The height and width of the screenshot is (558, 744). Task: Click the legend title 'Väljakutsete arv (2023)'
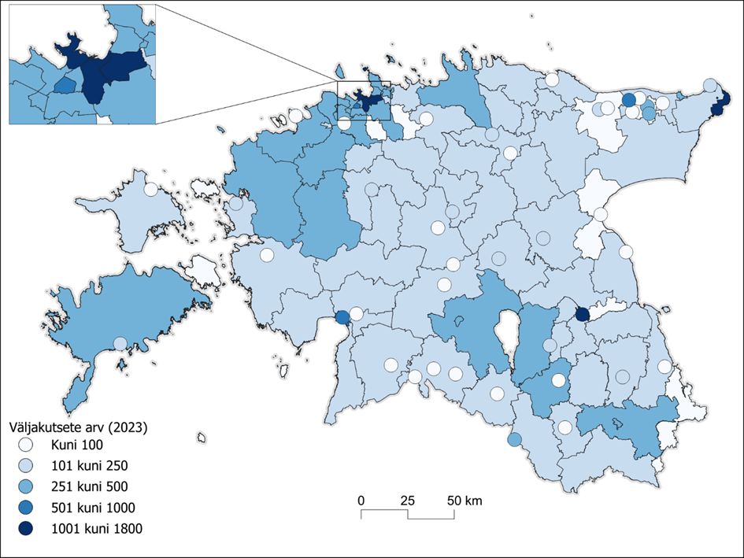(78, 428)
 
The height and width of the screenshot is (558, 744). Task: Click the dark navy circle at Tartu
(582, 315)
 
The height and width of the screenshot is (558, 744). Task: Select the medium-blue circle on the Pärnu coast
(342, 318)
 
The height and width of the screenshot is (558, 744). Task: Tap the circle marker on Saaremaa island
(120, 344)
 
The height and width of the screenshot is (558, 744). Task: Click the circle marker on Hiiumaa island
(150, 190)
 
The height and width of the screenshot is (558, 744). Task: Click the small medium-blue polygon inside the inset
(65, 83)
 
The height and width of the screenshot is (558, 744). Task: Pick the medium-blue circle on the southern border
(514, 439)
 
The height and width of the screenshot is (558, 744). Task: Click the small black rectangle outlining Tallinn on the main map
(363, 100)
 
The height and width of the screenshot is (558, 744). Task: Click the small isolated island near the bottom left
(202, 437)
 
